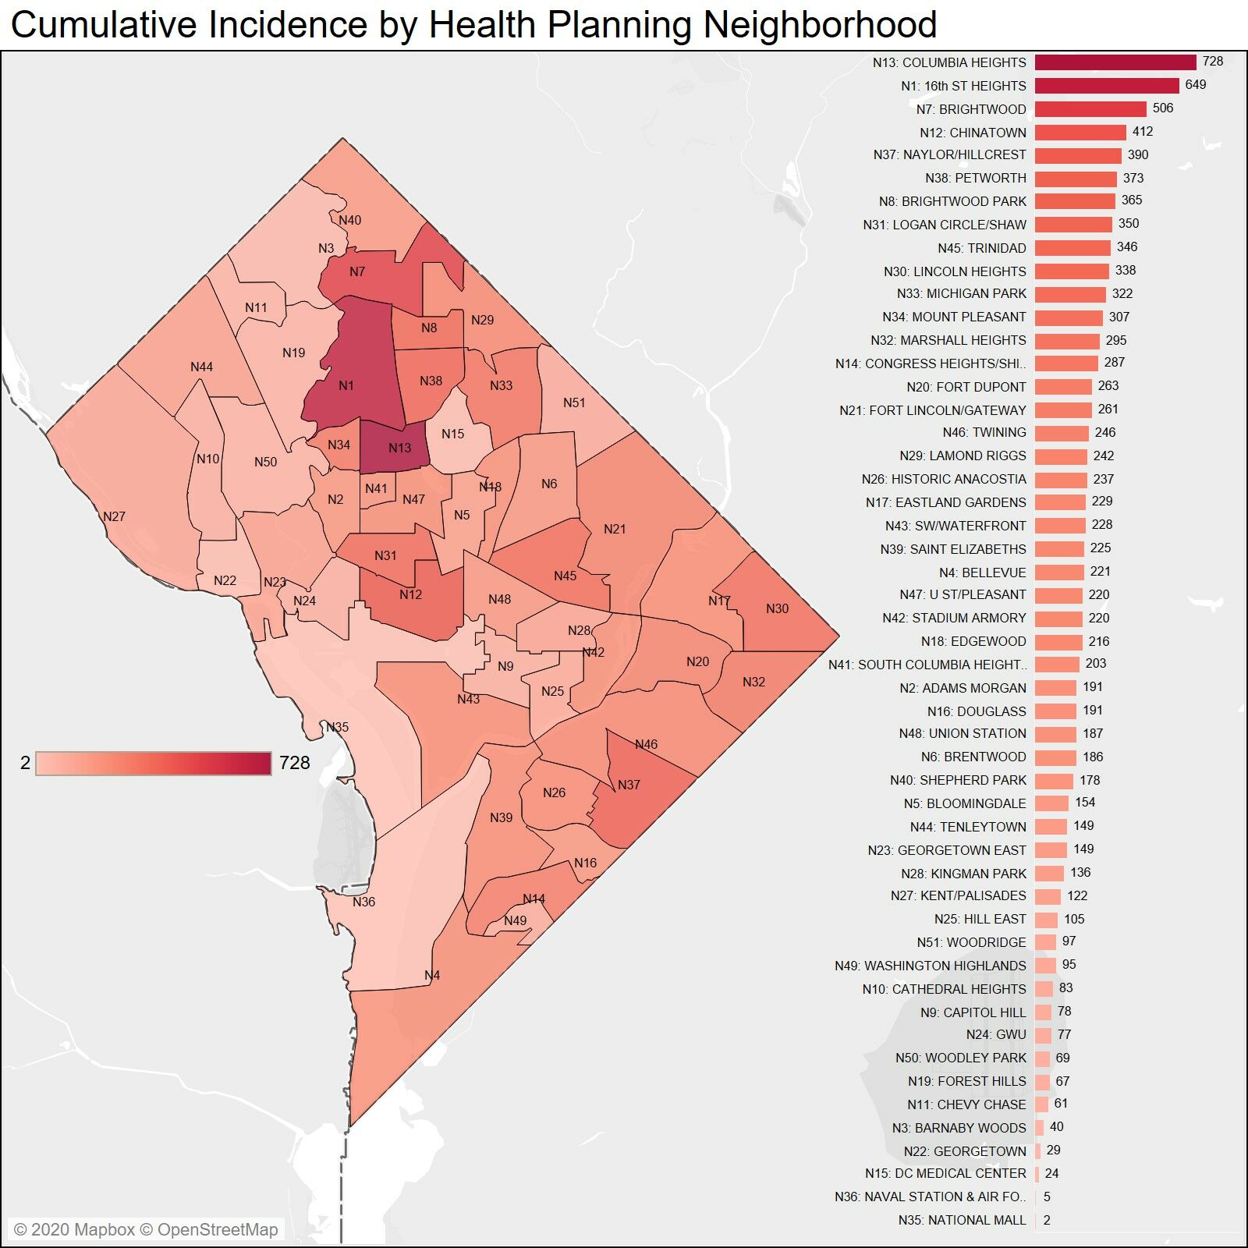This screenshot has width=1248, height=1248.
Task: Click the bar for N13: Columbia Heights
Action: point(1115,62)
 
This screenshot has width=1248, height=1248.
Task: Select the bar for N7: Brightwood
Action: point(1090,109)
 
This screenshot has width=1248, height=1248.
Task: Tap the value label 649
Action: point(1195,84)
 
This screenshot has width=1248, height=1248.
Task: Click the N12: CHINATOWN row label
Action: point(973,133)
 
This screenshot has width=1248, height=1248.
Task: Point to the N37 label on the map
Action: point(629,785)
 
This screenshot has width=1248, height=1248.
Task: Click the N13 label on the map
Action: point(399,448)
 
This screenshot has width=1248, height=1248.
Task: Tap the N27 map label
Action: point(114,516)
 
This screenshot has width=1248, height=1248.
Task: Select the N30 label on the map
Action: point(777,608)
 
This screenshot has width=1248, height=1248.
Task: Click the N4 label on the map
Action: point(432,975)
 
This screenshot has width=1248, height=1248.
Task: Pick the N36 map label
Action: point(363,902)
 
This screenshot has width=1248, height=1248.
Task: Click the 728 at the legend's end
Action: point(294,763)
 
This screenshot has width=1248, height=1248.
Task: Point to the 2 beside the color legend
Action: point(25,763)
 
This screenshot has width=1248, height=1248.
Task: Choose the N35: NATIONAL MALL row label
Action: point(962,1220)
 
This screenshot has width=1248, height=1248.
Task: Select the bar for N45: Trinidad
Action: point(1072,248)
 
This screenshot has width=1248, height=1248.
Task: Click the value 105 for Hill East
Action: point(1074,919)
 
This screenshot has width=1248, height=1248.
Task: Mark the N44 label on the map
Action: point(201,367)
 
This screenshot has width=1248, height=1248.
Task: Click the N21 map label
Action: point(615,529)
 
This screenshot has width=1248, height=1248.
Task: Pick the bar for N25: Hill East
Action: point(1046,920)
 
